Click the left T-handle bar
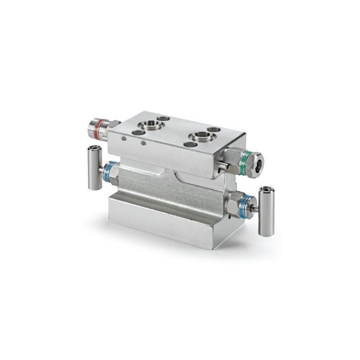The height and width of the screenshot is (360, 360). click(94, 167)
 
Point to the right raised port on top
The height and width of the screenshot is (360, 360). click(199, 137)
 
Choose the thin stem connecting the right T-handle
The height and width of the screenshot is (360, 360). click(255, 208)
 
